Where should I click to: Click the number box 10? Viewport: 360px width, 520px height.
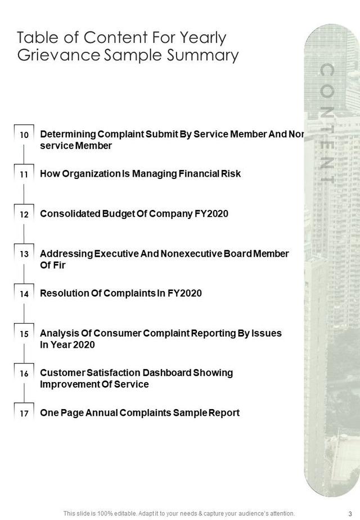[24, 135]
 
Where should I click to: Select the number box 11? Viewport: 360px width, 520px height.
[24, 174]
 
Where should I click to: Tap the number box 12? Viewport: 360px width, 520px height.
[24, 214]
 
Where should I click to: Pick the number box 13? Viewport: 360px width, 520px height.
[24, 254]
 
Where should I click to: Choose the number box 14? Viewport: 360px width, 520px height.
[24, 294]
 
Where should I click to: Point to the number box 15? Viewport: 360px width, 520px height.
[24, 334]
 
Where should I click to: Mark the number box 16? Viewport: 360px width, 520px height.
[24, 373]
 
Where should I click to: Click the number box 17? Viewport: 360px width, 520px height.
[24, 413]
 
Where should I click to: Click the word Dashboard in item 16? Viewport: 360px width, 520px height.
[166, 373]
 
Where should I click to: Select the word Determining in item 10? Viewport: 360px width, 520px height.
[67, 135]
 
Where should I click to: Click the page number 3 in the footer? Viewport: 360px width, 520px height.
[350, 513]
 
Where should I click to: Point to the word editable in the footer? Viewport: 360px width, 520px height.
[114, 513]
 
